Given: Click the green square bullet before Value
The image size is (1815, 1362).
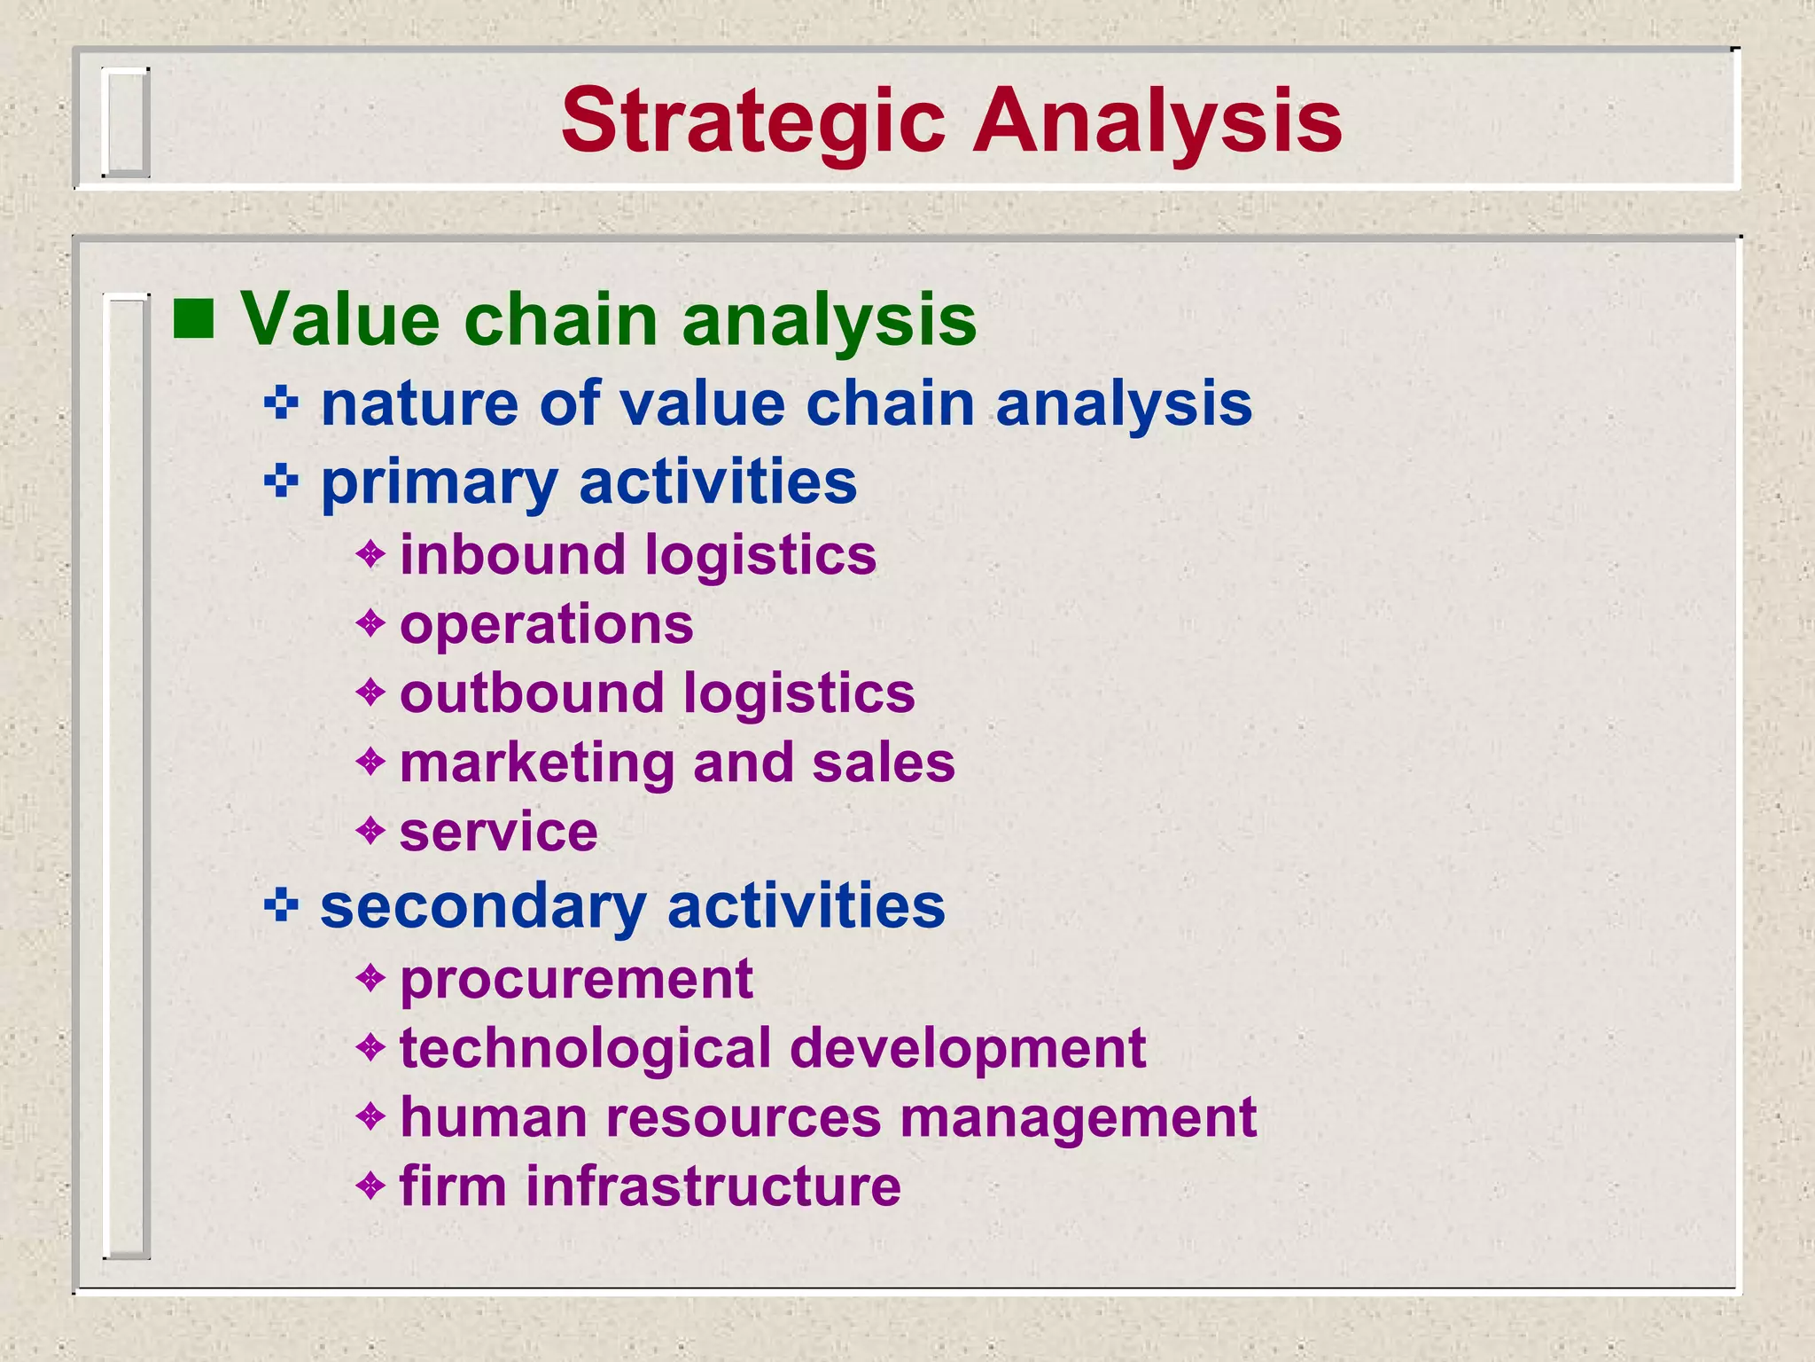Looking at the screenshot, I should (193, 320).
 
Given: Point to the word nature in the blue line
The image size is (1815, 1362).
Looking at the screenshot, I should (419, 404).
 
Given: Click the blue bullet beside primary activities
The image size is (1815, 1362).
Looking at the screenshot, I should (281, 481).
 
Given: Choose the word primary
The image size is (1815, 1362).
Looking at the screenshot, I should (439, 483).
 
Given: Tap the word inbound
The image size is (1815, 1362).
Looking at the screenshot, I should (512, 555).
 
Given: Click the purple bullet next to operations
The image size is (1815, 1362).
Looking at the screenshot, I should (370, 623).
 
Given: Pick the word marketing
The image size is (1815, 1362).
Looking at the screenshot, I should (537, 763).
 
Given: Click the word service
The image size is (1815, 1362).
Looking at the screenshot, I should (498, 833).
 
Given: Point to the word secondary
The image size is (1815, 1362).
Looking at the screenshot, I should (483, 907).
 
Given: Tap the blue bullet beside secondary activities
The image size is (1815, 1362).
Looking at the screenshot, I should (281, 905).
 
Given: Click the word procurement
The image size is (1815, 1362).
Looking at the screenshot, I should (576, 981).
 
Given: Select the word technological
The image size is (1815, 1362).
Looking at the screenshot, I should (586, 1049).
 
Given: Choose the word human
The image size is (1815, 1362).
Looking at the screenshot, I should (494, 1117).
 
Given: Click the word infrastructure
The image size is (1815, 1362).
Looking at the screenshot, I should (713, 1186).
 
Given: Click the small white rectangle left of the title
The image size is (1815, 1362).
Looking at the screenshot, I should (124, 121).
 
